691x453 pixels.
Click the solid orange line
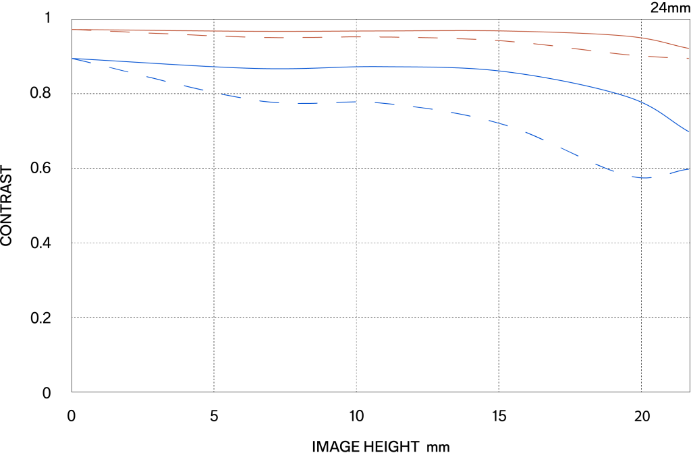coord(337,31)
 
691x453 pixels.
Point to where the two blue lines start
coord(72,59)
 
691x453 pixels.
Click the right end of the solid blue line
coord(689,131)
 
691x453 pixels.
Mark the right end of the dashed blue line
coord(689,169)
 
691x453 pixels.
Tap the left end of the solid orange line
coord(72,30)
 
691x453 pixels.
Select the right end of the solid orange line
coord(689,49)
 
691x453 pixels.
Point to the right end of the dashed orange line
coord(689,59)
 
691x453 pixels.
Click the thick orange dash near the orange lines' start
coord(119,31)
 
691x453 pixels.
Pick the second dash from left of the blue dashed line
coord(119,69)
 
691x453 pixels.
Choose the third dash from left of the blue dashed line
coord(156,78)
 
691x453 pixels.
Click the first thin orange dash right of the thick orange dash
coord(159,33)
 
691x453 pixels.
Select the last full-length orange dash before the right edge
coord(658,57)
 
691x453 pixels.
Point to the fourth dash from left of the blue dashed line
coord(193,88)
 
